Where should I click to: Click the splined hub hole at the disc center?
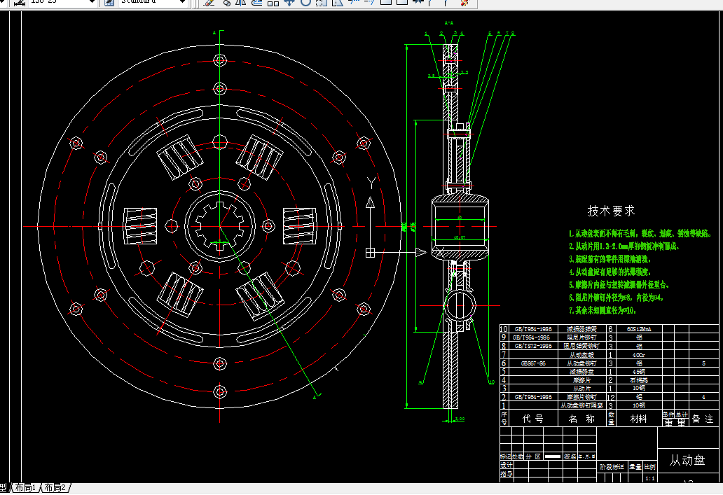pyautogui.click(x=220, y=225)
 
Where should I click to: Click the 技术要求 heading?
pyautogui.click(x=611, y=211)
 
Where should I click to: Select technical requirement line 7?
pyautogui.click(x=602, y=309)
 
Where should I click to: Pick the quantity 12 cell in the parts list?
pyautogui.click(x=611, y=397)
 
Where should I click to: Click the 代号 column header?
pyautogui.click(x=532, y=419)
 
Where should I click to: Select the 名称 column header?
pyautogui.click(x=581, y=419)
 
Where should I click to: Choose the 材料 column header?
pyautogui.click(x=639, y=419)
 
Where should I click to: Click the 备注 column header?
pyautogui.click(x=702, y=419)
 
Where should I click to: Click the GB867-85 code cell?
pyautogui.click(x=532, y=363)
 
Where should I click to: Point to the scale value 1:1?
pyautogui.click(x=649, y=478)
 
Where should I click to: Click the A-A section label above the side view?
pyautogui.click(x=449, y=23)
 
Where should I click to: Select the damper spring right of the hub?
pyautogui.click(x=299, y=225)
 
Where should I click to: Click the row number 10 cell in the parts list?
pyautogui.click(x=504, y=328)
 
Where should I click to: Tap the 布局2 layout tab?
pyautogui.click(x=55, y=488)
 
